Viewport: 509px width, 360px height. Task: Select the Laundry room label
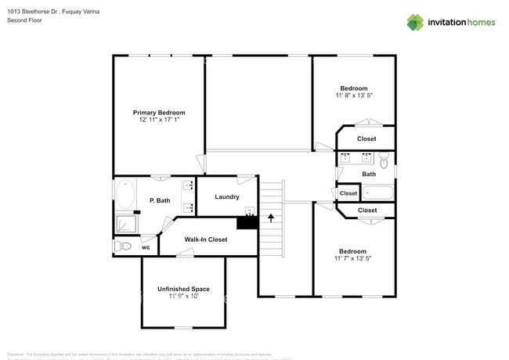tap(227, 196)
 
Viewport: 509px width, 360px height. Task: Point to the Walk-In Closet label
tap(206, 239)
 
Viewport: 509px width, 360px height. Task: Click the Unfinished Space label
tap(183, 289)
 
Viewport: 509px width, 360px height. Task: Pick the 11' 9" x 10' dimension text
tap(183, 297)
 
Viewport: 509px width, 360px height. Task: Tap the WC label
tap(146, 247)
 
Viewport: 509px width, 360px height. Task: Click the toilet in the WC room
tap(122, 247)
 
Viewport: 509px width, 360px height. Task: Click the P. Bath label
tap(160, 201)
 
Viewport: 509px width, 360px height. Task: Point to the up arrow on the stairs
tap(272, 217)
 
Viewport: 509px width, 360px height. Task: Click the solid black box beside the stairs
tap(247, 222)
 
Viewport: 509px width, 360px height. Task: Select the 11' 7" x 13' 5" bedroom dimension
tap(353, 258)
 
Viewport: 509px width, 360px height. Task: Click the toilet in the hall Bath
tap(384, 160)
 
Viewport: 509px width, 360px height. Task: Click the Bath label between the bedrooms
tap(369, 174)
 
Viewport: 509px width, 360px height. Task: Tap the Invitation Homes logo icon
tap(415, 22)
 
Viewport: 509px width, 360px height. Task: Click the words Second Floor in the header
tap(23, 20)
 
